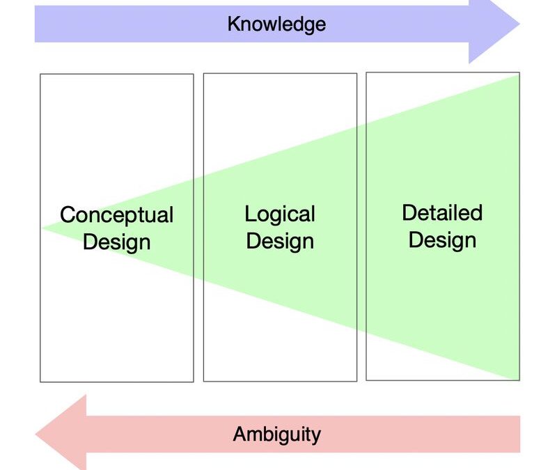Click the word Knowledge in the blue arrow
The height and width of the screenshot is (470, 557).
coord(276,24)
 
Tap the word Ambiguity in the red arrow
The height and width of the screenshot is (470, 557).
coord(276,435)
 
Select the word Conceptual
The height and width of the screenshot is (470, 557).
coord(116,214)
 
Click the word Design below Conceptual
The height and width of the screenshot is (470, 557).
coord(116,242)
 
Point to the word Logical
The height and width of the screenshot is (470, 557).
coord(280,214)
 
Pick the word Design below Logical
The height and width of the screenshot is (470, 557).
coord(280,241)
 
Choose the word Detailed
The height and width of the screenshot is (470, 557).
coord(442,212)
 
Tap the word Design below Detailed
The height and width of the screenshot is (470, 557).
coord(442,240)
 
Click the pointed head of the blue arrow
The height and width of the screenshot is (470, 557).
coord(518,25)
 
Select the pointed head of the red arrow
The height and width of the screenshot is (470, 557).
coord(37,435)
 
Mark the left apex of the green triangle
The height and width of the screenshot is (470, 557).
coord(42,228)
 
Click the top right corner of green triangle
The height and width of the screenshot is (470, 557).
coord(519,75)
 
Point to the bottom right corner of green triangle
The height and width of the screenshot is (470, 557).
coord(519,379)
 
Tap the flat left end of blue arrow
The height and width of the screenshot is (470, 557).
coord(36,25)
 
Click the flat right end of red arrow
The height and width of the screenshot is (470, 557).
coord(519,435)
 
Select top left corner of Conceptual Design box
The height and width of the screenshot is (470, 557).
coord(40,75)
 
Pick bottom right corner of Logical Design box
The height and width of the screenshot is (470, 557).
coord(356,381)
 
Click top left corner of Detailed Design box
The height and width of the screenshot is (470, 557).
coord(366,72)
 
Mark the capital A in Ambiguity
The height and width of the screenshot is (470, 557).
coord(240,435)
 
